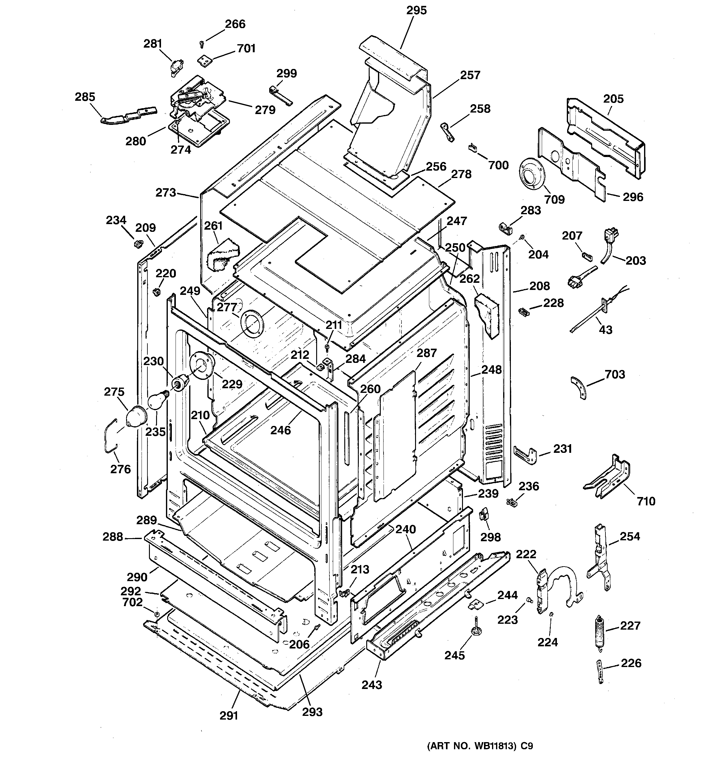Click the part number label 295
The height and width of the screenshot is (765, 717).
coord(416,11)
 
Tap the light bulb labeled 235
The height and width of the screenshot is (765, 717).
coord(157,400)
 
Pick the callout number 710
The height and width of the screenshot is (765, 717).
coord(646,501)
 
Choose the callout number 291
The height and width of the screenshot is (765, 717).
coord(229,715)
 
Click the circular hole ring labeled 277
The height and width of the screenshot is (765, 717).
coord(251,322)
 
